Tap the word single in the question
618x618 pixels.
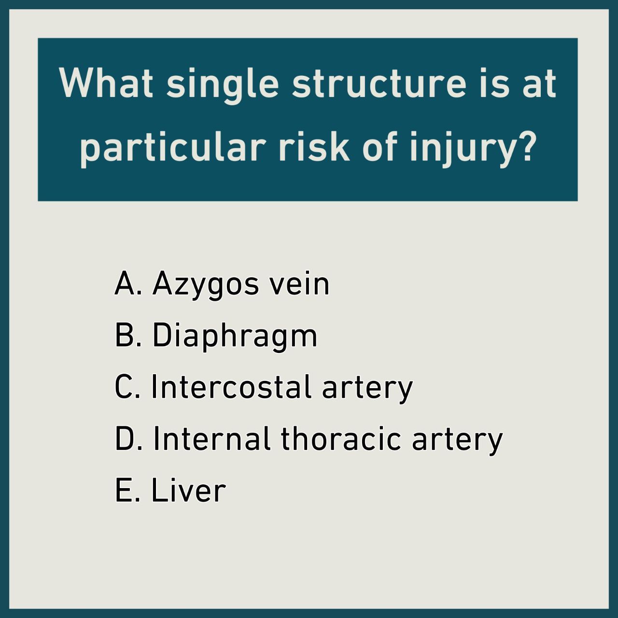(x=223, y=85)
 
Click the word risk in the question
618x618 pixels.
(x=314, y=145)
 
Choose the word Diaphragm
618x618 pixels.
(x=235, y=337)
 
